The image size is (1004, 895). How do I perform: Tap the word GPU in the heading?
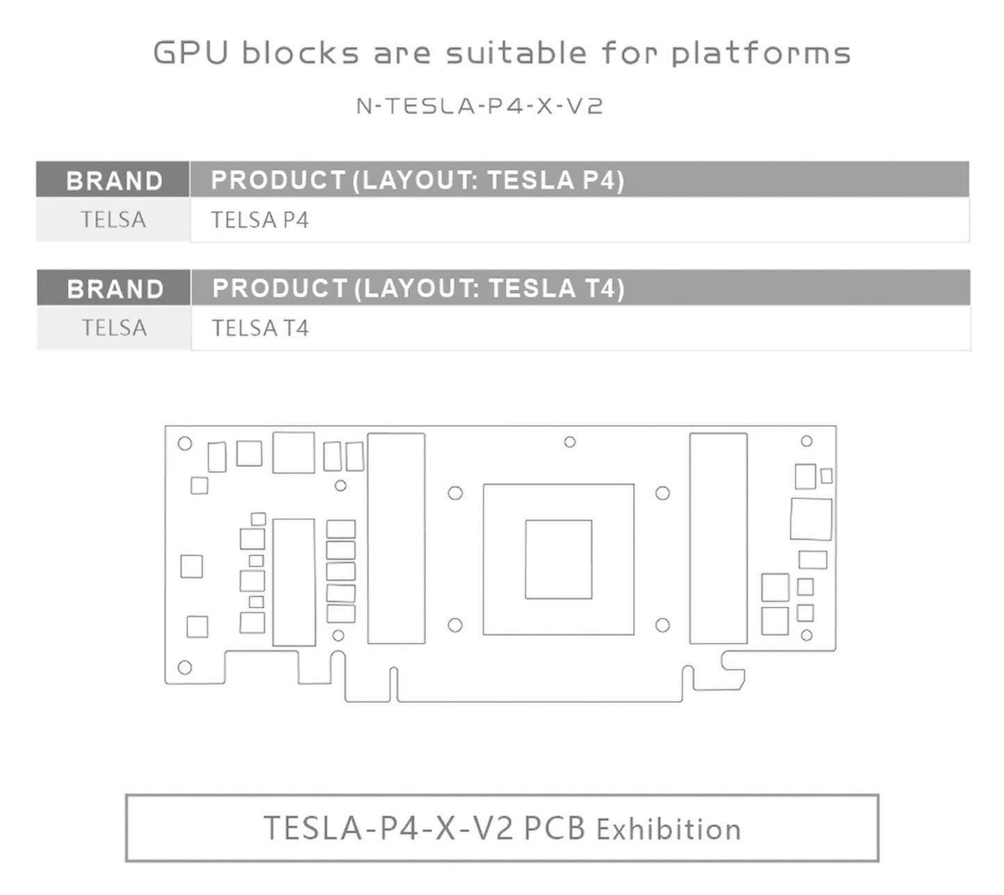191,53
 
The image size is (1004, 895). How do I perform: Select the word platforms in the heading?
761,53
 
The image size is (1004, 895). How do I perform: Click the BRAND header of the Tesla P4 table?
115,181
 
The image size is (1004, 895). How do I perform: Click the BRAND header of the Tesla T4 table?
115,289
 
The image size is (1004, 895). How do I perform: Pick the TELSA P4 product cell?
260,220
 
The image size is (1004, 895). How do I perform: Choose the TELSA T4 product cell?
260,328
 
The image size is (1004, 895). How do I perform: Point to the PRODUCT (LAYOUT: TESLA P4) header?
418,180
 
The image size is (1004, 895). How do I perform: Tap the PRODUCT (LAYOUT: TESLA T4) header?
419,288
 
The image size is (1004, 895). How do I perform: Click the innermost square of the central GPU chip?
559,559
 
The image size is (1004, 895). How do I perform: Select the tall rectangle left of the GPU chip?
396,538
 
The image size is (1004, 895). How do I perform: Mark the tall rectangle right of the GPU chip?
718,538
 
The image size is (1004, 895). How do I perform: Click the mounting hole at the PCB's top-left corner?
185,443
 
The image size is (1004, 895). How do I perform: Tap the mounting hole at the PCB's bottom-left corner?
185,668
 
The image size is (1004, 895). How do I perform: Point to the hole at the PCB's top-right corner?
807,441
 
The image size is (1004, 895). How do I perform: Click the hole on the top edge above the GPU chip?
570,442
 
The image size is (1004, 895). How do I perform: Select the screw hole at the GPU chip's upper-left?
455,493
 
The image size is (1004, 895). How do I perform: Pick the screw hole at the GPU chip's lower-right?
663,625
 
